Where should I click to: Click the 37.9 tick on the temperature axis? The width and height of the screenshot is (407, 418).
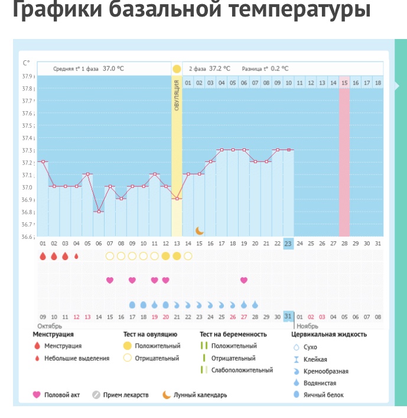point(28,76)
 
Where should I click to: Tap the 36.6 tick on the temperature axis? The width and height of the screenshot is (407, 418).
point(28,237)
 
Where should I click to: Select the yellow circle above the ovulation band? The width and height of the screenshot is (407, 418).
point(177,69)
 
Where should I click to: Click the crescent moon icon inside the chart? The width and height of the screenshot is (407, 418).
point(200,230)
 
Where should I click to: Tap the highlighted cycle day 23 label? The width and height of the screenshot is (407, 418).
point(288,244)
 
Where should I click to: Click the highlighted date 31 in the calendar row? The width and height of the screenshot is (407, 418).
point(288,316)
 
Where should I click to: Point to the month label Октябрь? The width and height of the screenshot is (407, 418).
point(50,326)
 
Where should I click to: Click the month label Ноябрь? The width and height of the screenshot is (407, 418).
point(307,326)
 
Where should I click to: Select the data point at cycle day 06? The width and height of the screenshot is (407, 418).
point(99,212)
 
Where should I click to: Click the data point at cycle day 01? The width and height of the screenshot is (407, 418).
point(43,161)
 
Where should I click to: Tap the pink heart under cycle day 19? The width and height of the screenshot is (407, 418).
point(243,280)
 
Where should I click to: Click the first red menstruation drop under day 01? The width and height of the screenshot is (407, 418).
point(43,256)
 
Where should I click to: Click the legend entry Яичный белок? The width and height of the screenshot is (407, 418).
point(323,395)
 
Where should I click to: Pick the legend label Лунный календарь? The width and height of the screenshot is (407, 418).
point(200,395)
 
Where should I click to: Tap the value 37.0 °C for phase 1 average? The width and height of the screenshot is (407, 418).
point(113,69)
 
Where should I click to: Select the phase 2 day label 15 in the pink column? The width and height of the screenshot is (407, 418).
point(344,83)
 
